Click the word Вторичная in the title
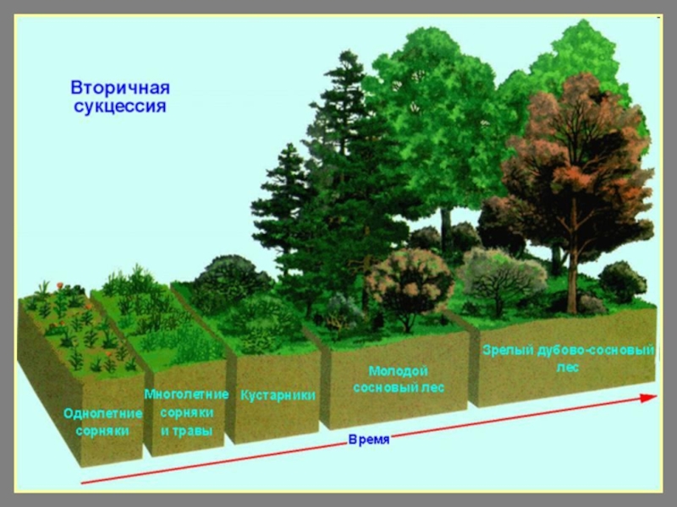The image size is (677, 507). (119, 89)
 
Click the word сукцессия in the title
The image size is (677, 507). (119, 107)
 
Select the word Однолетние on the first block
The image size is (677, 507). (102, 413)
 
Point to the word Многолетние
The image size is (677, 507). (186, 394)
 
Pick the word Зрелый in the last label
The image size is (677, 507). (507, 351)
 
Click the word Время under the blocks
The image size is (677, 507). (368, 442)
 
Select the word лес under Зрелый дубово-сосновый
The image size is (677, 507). (567, 368)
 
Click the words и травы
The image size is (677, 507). (186, 430)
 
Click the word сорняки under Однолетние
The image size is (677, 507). (102, 430)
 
